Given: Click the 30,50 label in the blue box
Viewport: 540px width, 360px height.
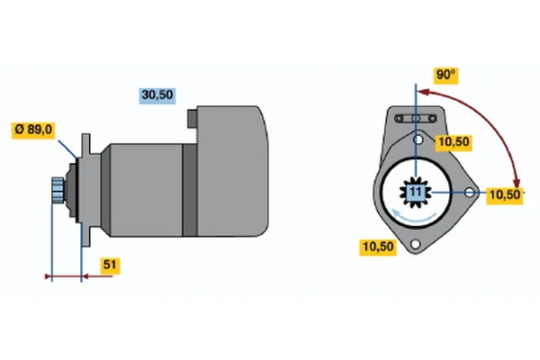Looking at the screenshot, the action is point(157,95).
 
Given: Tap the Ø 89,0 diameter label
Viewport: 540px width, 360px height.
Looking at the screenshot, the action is point(33,130).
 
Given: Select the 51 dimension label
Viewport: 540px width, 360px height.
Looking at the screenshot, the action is point(110,265).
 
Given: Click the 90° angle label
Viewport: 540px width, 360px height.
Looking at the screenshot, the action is point(445,75).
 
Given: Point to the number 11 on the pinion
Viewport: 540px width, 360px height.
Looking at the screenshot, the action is point(416,193).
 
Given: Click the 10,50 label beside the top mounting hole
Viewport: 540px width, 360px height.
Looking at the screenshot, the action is point(454,142).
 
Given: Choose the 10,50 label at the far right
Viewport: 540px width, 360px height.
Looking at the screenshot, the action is point(505,195).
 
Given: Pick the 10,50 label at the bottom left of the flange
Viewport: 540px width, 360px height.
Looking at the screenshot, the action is point(378,247).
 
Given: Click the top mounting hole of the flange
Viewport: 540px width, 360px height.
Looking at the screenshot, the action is point(418,139).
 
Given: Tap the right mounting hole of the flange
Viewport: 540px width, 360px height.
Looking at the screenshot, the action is point(469,193).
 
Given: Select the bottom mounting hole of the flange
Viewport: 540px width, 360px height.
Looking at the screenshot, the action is point(416,244).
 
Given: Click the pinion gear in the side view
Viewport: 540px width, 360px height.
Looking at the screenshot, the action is point(58,190).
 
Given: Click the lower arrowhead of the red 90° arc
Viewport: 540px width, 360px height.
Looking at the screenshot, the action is point(516,182).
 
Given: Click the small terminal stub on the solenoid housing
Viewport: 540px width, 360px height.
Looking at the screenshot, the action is point(193,119).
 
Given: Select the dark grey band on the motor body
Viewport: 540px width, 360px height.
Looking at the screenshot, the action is point(190,190).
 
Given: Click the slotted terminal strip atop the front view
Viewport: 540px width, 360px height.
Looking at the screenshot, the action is point(416,119).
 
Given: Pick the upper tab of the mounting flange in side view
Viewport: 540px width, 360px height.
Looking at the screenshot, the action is point(85,146).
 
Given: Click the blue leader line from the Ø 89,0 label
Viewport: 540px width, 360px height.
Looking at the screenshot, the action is point(67,148).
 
